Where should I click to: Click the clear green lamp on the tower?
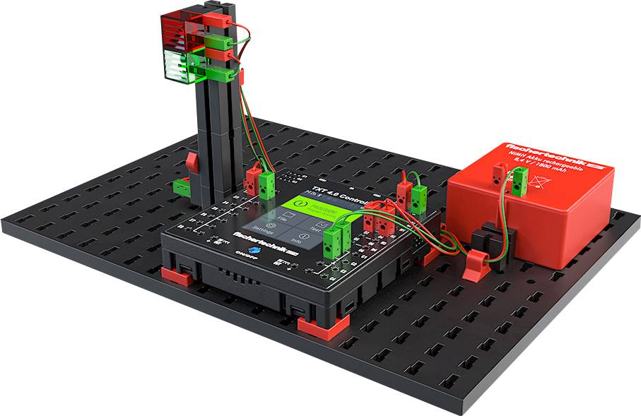pyautogui.click(x=177, y=64)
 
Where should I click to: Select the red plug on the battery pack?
pyautogui.click(x=500, y=174)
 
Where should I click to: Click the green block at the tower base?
pyautogui.click(x=182, y=186)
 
